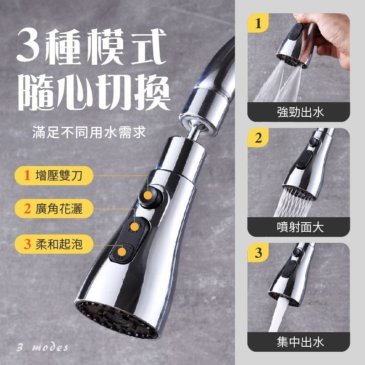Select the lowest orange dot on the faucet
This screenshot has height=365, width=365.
(x=122, y=251)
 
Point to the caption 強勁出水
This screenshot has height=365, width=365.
(x=300, y=112)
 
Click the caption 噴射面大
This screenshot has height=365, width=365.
(x=300, y=227)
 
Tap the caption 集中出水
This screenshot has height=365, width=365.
(x=300, y=341)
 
